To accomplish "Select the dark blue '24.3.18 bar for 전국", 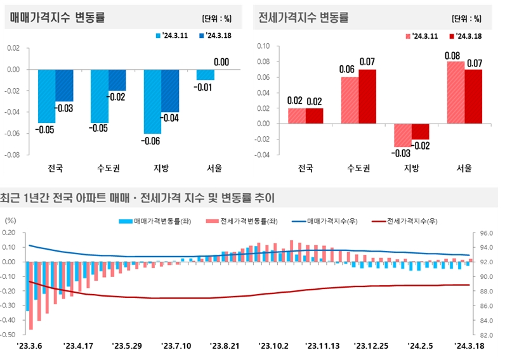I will point(64,85).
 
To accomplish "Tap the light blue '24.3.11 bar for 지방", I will point(152,101).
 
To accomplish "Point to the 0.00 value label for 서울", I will point(221,62).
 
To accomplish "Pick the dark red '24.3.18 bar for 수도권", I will point(367,96).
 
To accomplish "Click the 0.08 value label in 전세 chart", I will point(452,56).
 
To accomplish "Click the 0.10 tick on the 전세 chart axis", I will point(263,46).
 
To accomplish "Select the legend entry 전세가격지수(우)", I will point(414,221).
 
